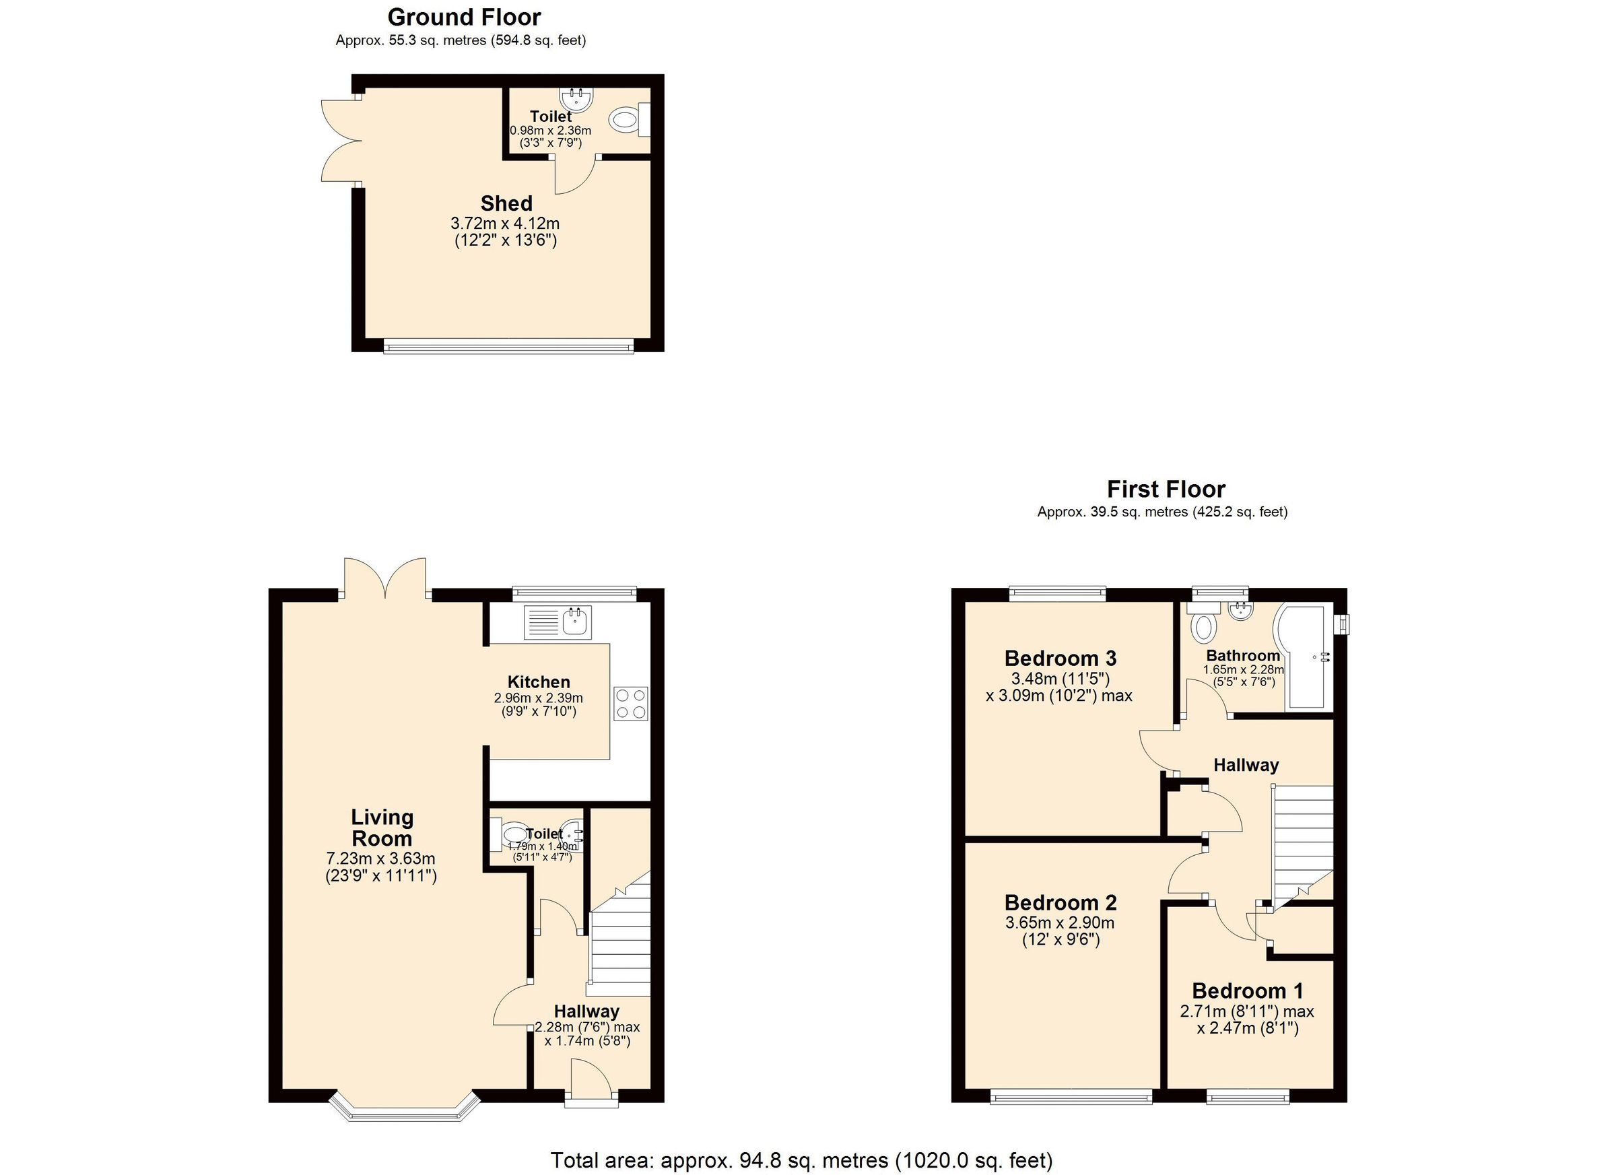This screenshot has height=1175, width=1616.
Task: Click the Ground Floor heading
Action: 464,17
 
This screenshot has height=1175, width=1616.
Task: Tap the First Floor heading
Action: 1166,490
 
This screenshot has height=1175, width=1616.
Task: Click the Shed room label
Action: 506,204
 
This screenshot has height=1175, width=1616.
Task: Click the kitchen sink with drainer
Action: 558,622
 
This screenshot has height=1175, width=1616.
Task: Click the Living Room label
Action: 382,828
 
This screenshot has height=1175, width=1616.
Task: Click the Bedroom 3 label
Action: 1060,658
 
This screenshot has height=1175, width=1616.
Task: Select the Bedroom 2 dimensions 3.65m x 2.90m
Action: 1060,923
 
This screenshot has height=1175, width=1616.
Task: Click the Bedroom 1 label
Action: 1248,991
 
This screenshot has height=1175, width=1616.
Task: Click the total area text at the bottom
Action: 801,1161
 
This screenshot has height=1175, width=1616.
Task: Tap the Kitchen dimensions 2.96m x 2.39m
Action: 538,698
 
